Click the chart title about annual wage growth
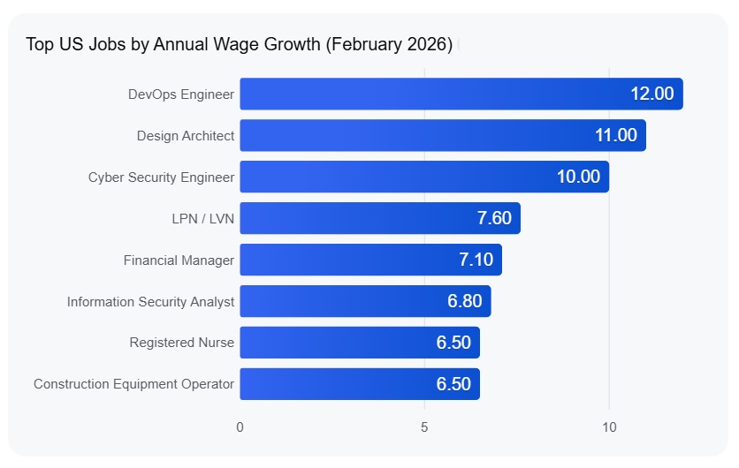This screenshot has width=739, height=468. [239, 44]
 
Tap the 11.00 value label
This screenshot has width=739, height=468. [615, 135]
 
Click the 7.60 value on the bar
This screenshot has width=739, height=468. [494, 218]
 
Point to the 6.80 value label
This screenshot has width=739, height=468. [465, 301]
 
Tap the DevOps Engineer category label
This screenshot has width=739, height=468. [181, 94]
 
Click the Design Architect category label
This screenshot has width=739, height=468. [186, 136]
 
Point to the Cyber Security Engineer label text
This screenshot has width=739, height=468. [162, 177]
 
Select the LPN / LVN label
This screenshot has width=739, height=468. [203, 219]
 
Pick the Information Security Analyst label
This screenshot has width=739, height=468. [151, 302]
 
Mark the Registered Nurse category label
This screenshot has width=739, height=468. [182, 343]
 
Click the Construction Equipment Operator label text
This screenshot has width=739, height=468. [134, 384]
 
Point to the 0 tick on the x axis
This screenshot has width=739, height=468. [240, 427]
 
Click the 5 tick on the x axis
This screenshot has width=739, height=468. [424, 427]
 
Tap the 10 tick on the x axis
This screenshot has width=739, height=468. [609, 427]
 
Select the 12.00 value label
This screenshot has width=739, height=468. [652, 94]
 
